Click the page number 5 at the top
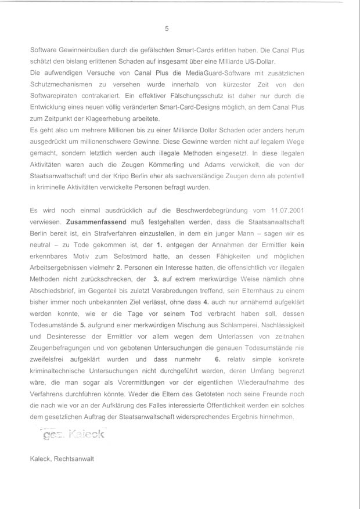click(x=167, y=28)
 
